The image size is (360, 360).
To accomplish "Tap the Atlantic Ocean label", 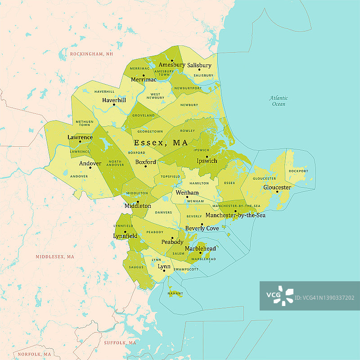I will [279, 101].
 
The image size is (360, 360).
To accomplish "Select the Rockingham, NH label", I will [91, 54].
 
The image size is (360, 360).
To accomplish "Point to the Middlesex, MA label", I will [55, 256].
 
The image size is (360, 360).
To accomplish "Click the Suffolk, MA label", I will [120, 343].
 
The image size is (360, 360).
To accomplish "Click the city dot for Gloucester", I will [277, 192].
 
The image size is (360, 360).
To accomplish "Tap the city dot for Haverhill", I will [114, 105].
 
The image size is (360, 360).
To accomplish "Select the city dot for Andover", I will [90, 168].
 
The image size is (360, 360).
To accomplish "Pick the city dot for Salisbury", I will [199, 69].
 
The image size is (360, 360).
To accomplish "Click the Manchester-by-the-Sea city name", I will [235, 216].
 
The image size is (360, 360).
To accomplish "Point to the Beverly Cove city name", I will [202, 229].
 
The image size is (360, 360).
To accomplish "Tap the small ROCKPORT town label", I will [299, 171].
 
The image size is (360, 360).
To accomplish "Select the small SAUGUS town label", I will [136, 267].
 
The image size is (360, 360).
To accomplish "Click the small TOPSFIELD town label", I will [171, 176].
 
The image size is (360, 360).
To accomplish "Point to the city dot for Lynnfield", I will [125, 232].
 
